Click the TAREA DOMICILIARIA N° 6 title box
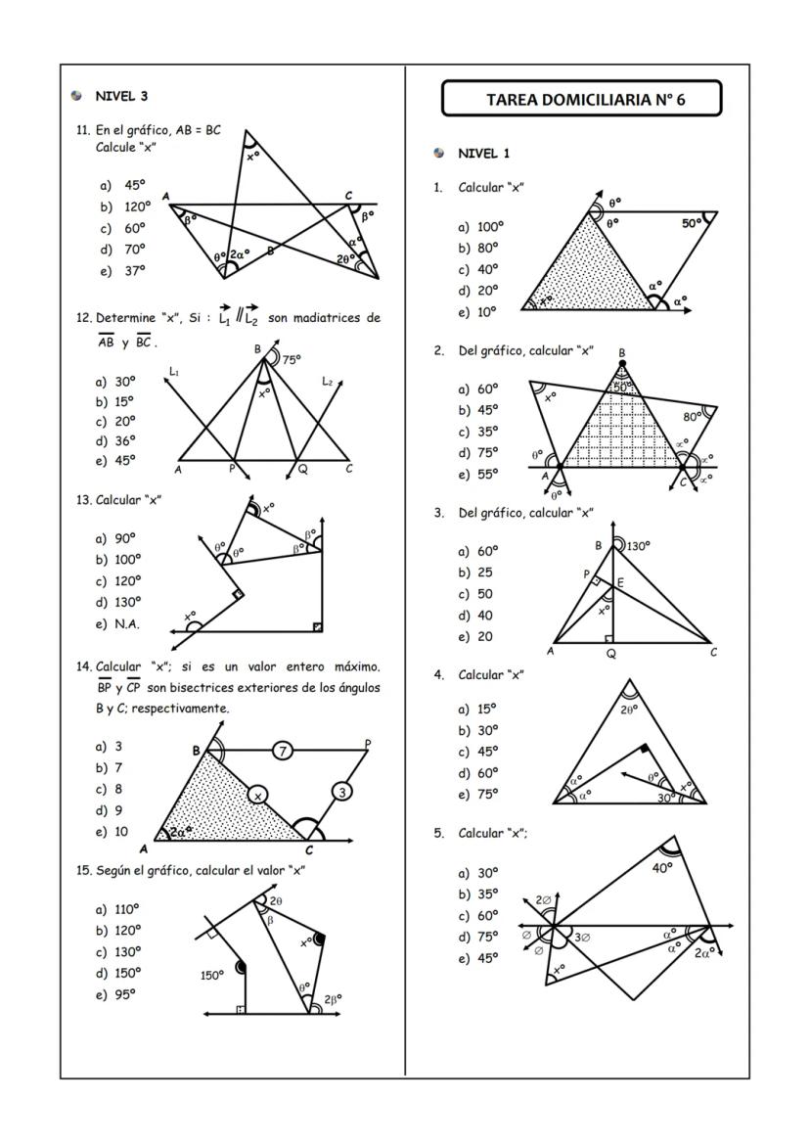point(581,99)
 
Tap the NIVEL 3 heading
point(120,96)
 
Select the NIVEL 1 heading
point(483,154)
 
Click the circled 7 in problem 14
point(283,751)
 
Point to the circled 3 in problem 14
point(341,791)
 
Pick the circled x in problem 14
point(257,796)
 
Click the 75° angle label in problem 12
point(292,360)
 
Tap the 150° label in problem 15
point(212,975)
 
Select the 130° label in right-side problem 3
point(639,546)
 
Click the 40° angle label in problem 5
point(663,867)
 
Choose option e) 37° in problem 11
point(122,271)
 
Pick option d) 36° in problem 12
point(116,440)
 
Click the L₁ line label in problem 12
point(174,371)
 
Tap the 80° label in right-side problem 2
point(694,417)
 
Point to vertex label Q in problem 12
point(302,469)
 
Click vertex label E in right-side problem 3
point(619,583)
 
